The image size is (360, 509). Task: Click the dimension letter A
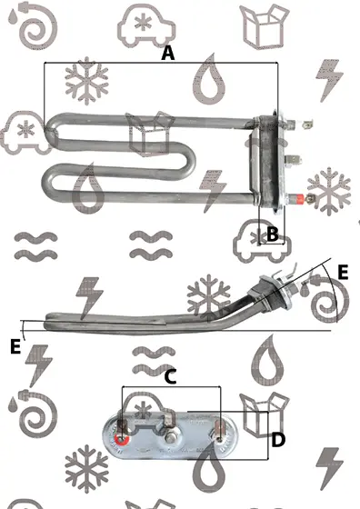(168, 54)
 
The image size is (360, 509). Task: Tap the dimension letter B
(273, 234)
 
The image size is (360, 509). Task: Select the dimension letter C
(170, 377)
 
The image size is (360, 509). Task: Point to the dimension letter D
(278, 440)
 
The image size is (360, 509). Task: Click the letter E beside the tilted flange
(343, 272)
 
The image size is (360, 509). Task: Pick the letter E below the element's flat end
(15, 346)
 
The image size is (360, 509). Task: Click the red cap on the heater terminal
(299, 198)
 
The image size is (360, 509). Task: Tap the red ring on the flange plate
(122, 440)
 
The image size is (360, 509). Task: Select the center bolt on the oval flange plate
(170, 439)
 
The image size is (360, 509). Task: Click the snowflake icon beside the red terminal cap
(328, 191)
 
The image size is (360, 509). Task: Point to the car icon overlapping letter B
(262, 241)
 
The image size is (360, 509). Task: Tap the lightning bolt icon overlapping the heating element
(212, 191)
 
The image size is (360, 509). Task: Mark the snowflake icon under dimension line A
(86, 81)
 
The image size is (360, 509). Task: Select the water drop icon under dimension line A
(209, 79)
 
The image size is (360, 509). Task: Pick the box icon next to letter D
(265, 414)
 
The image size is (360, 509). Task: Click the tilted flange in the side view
(278, 293)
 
